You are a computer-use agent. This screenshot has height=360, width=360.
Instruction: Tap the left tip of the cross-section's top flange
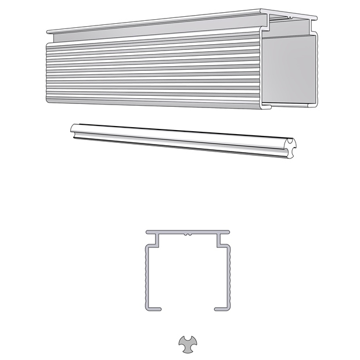point(147,232)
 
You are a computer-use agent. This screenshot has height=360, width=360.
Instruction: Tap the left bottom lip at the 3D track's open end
point(268,107)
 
